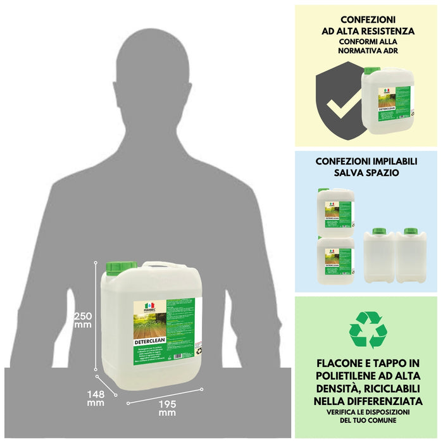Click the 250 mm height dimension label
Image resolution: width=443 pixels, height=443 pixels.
coord(83,320)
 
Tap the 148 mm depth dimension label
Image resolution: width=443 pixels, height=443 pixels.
coord(96,397)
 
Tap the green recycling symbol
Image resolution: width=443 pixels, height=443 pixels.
coord(368,330)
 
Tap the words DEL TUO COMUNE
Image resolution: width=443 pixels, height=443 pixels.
coord(368,420)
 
